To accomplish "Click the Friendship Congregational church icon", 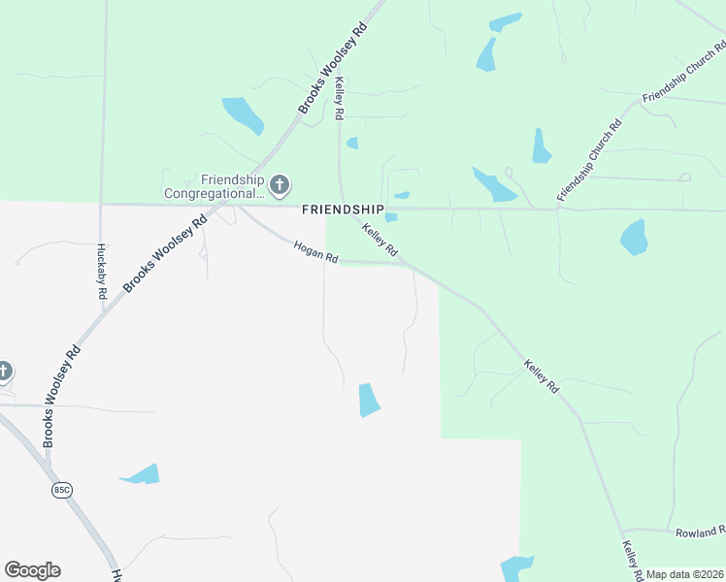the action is click(279, 184).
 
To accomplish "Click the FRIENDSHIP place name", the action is click(343, 210).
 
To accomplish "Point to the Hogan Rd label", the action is click(316, 251).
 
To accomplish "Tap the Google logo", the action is click(32, 570).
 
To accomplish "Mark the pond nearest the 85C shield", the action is click(141, 475).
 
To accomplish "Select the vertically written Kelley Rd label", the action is click(339, 100).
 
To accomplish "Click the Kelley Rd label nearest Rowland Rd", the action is click(631, 557).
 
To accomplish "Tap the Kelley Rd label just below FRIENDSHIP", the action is click(380, 240).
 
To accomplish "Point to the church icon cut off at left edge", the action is click(4, 372).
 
